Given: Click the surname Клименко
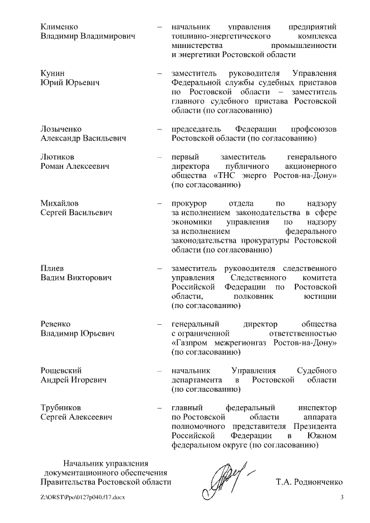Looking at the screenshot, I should [x=60, y=27].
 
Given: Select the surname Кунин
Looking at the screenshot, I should [x=53, y=73].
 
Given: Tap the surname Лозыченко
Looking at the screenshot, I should [x=61, y=128].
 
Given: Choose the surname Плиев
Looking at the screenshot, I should [x=53, y=268].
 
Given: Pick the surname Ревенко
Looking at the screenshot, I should [x=57, y=324].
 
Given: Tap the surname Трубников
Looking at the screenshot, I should [x=61, y=407].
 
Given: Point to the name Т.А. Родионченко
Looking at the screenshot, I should [x=310, y=481].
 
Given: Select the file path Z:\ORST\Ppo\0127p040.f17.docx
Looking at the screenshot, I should [x=83, y=498].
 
